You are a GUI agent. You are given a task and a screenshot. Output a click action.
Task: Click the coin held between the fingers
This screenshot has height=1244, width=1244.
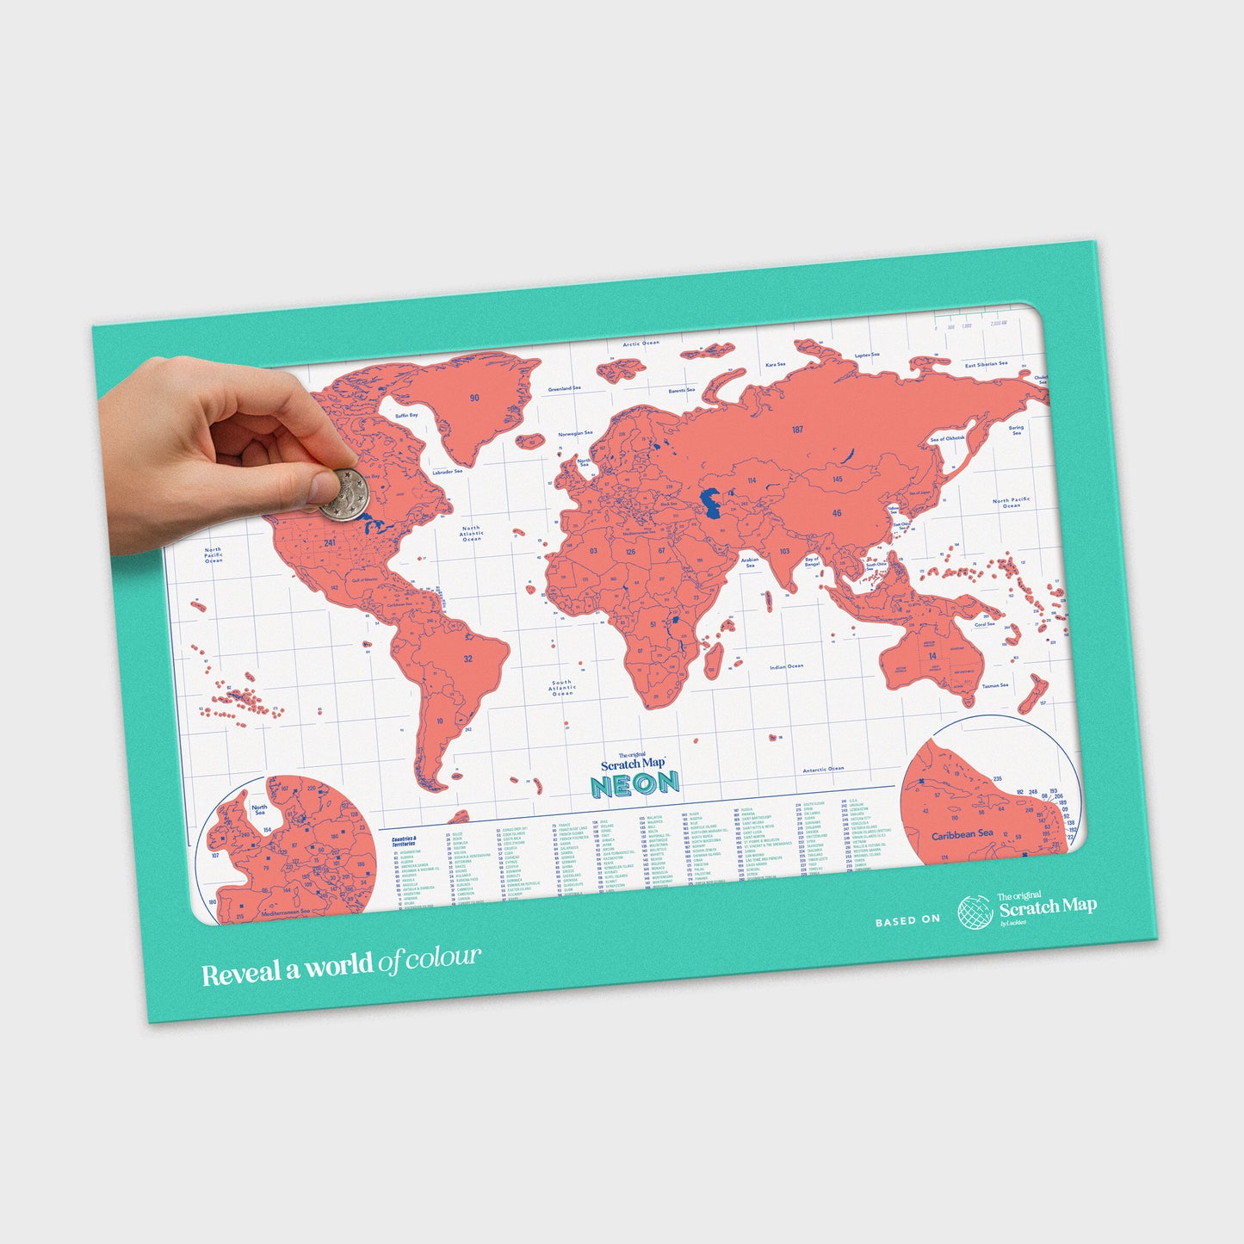point(343,494)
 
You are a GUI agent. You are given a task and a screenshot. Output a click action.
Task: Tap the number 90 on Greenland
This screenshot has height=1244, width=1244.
point(473,398)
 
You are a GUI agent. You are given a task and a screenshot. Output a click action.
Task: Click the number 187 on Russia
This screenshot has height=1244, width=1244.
point(798,430)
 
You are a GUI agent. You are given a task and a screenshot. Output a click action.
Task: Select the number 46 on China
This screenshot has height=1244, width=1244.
point(837,513)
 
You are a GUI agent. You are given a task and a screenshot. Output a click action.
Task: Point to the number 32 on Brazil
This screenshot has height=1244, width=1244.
point(467,659)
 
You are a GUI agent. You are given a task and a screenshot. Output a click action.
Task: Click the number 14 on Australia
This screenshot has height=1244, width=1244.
point(932,656)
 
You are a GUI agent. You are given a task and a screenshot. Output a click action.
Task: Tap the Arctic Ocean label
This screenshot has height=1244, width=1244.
point(641,343)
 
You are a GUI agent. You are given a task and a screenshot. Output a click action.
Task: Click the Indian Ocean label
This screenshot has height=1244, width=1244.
point(786,666)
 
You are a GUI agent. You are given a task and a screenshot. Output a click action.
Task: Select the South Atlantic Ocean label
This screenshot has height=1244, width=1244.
point(562,687)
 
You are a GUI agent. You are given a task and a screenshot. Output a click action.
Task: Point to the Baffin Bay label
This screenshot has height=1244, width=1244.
point(406,415)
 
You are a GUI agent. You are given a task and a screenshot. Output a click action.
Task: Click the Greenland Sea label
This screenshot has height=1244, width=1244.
point(564,388)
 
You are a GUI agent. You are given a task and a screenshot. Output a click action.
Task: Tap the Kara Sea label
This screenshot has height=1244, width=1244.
point(775,364)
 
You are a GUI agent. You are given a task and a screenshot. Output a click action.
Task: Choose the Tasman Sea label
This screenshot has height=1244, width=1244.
point(995,685)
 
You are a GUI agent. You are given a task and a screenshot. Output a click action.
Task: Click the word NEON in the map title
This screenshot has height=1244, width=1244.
point(634,783)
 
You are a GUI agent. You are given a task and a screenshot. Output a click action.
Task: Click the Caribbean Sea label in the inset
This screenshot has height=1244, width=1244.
point(962,834)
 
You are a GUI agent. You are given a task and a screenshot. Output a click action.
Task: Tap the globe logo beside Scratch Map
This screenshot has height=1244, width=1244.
point(975,913)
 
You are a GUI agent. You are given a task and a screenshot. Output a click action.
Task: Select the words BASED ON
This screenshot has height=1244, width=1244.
point(907,920)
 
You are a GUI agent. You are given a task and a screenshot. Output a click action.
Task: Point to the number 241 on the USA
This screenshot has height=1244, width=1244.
point(329,544)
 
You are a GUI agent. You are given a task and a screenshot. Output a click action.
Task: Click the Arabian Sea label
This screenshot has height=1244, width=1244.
point(750,562)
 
